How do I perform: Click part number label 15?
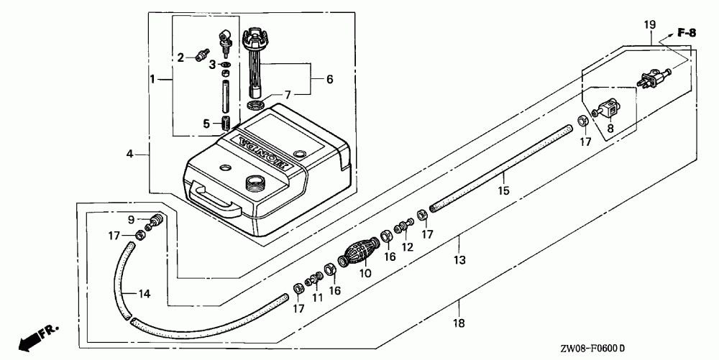[x=503, y=191]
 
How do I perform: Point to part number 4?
[x=130, y=153]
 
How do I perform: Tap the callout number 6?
[x=329, y=80]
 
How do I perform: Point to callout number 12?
[x=408, y=247]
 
